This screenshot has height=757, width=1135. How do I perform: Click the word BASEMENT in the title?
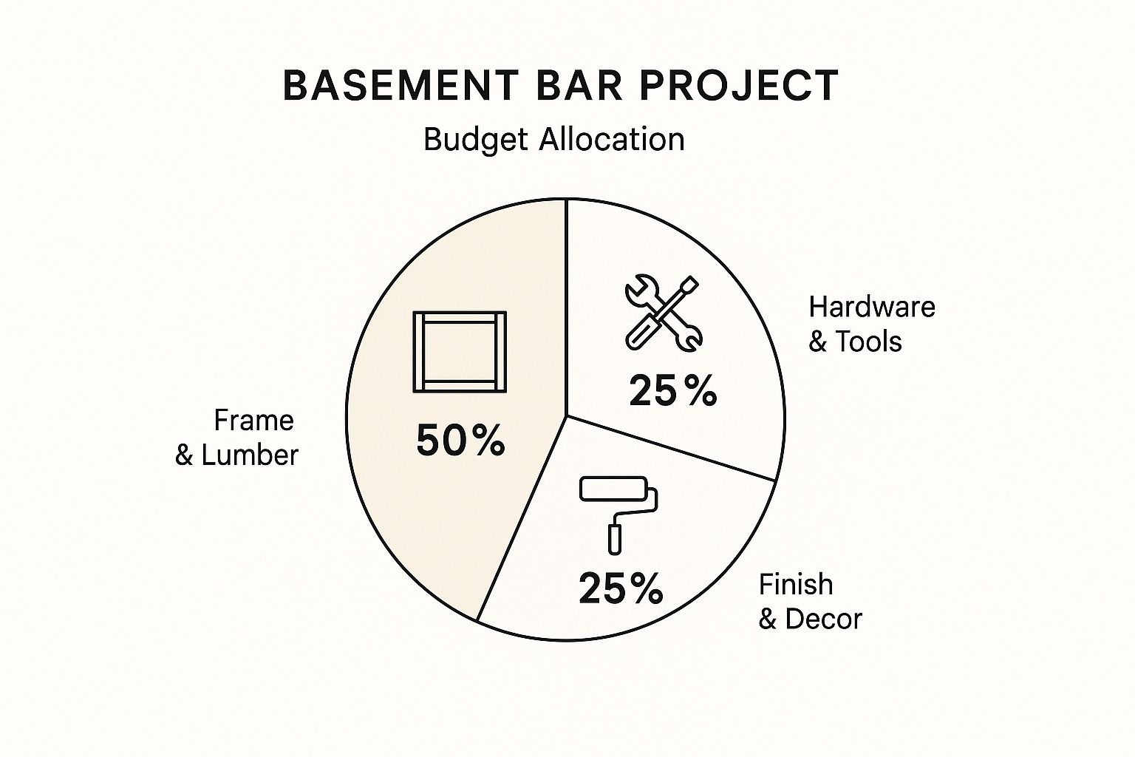[401, 86]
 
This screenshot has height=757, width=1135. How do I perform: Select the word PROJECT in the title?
[739, 86]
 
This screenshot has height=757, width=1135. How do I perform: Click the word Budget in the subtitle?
[476, 140]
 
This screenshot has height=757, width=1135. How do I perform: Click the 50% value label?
[460, 440]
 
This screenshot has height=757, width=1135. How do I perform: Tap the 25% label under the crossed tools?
[673, 390]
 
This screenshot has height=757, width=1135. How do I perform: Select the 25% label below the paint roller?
[621, 588]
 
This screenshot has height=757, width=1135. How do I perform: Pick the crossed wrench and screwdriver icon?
[664, 313]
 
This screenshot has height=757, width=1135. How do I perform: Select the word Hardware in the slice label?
[871, 307]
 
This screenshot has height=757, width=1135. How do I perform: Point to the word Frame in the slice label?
[254, 421]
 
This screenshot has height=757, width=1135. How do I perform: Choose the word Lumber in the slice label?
[250, 455]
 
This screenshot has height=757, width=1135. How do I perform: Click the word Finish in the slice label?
[796, 584]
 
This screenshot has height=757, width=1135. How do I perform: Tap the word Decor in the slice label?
[823, 619]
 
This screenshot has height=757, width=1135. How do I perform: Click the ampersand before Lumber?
[184, 455]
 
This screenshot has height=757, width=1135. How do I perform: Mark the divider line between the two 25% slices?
[670, 448]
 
